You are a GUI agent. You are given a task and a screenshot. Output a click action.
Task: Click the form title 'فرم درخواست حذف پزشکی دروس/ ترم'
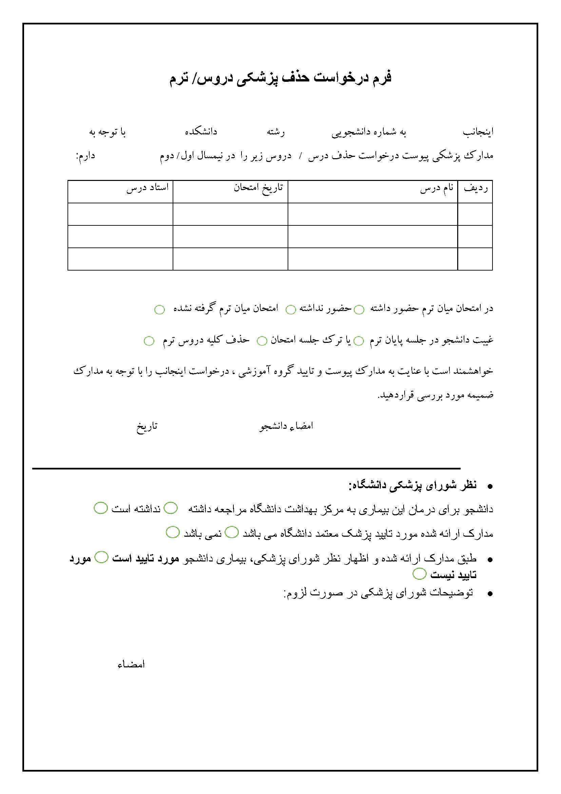280,78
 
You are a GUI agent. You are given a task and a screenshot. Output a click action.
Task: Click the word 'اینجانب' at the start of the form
478,132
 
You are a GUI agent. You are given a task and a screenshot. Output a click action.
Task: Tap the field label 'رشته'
276,132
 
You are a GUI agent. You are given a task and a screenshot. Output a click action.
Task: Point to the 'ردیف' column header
475,189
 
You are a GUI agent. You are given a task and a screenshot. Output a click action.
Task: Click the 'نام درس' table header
437,189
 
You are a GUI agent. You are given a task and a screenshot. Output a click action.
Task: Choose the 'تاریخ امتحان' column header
258,188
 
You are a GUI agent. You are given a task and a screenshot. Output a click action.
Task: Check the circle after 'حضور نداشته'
291,310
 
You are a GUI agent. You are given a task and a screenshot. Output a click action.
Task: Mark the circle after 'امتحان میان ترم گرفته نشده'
159,310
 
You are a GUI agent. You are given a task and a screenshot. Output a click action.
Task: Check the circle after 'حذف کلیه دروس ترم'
149,341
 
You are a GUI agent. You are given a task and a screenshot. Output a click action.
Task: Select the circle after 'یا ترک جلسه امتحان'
262,341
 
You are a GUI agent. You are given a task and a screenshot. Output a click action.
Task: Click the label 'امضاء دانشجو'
286,426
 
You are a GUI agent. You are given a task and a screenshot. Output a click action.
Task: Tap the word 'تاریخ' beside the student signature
147,426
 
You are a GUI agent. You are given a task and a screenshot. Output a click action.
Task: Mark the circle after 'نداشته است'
100,508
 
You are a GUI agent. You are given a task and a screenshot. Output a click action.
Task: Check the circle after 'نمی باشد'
172,532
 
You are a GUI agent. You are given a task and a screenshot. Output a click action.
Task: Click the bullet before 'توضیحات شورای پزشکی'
489,594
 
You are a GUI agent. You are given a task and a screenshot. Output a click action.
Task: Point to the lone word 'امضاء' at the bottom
131,664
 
